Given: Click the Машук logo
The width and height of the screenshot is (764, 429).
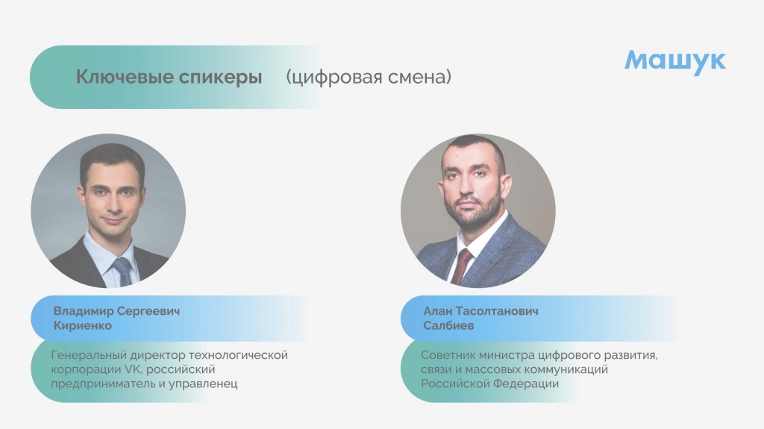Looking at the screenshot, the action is [x=675, y=61].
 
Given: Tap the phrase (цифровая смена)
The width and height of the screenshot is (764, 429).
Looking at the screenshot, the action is [x=369, y=77].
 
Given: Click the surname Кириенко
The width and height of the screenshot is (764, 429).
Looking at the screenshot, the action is [x=82, y=325].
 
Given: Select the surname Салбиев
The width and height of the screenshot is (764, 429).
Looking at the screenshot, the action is [x=448, y=325].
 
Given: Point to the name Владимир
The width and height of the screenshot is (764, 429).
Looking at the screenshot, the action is [x=84, y=312].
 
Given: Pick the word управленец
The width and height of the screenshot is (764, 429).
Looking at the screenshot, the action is [x=203, y=384].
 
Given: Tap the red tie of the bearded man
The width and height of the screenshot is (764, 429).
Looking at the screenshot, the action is [x=461, y=266].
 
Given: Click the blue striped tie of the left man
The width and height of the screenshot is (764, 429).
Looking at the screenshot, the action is [x=123, y=271].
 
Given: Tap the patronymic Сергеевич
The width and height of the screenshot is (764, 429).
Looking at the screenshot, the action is [x=148, y=312].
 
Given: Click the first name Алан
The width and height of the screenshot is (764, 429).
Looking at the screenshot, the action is [x=437, y=310].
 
